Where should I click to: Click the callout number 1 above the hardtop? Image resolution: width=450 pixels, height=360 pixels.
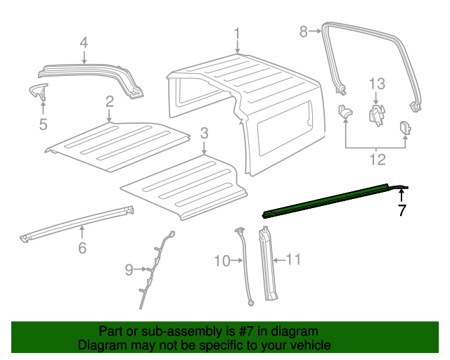click(x=237, y=33)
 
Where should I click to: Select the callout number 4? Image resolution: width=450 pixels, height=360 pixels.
click(x=84, y=43)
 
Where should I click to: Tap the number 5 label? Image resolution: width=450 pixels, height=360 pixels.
click(x=43, y=124)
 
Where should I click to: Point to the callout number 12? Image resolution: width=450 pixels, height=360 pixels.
click(x=378, y=160)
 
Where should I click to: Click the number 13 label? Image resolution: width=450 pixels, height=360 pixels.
click(x=378, y=85)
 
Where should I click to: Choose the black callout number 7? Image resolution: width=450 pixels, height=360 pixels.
click(x=401, y=210)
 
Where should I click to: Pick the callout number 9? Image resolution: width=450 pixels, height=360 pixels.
click(x=129, y=269)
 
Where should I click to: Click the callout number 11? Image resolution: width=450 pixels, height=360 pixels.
click(x=293, y=260)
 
